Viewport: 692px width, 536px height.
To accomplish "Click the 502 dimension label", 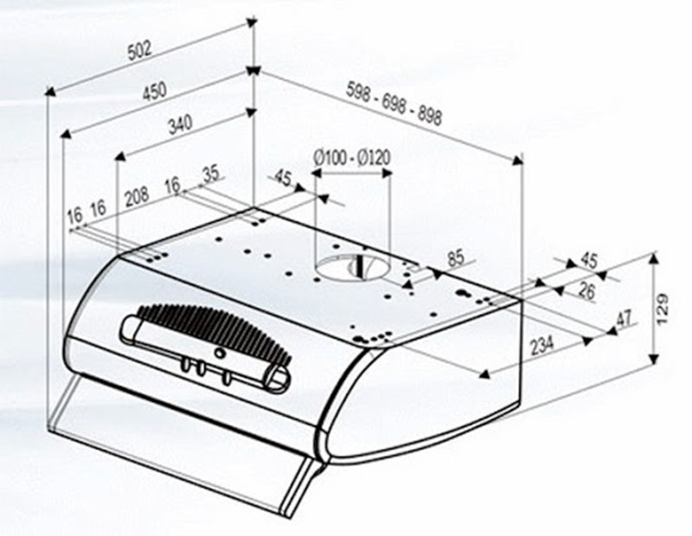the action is pos(139,50).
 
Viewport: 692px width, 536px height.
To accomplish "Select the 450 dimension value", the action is pos(155,92).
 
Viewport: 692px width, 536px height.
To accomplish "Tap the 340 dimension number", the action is pos(181,124).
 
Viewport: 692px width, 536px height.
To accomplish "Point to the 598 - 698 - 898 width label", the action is pos(394,105).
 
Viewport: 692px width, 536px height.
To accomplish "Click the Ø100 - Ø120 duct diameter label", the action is pos(352,157).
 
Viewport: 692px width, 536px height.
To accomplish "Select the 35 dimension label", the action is pos(211,175).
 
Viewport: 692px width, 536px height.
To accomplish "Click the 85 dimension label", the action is pos(456,258).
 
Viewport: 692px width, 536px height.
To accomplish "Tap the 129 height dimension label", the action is pos(663,309).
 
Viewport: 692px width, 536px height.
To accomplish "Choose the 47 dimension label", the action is pos(624,318).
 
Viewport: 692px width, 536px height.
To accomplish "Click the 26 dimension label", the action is pos(586,290).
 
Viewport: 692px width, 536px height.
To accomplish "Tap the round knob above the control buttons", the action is pos(219,352).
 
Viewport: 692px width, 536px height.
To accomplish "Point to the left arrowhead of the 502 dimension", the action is pos(51,91).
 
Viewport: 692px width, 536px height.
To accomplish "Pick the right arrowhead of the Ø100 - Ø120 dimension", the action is pos(386,173).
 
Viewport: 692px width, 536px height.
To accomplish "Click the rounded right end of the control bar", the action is pos(279,379).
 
